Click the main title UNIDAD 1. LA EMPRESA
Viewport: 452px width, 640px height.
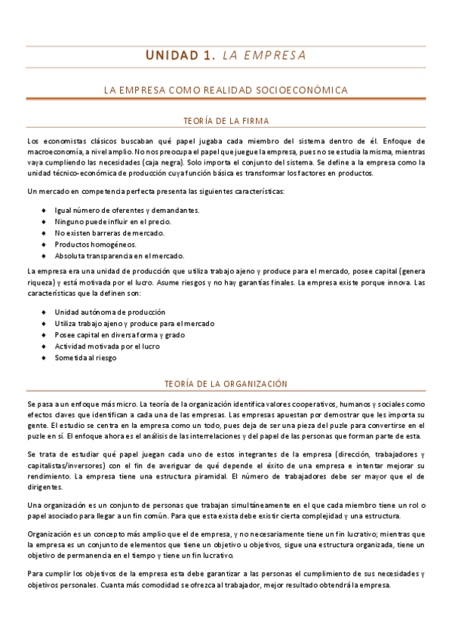tap(226, 55)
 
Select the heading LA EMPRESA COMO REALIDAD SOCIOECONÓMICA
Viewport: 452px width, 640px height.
tap(226, 90)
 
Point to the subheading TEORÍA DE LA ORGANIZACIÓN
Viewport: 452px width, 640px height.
tap(226, 383)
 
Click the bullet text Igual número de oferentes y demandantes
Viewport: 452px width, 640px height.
tap(127, 209)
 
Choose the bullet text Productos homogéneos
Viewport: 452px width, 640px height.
tap(96, 244)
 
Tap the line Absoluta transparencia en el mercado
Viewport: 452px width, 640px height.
tap(119, 255)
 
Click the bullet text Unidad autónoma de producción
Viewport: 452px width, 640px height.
tap(110, 312)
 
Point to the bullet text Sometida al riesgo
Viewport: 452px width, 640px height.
tap(86, 358)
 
